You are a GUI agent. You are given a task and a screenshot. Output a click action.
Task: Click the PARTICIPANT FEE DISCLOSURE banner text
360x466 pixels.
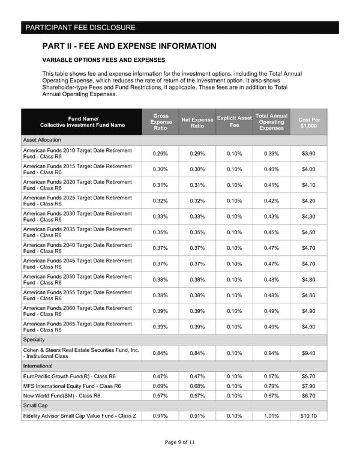coord(80,28)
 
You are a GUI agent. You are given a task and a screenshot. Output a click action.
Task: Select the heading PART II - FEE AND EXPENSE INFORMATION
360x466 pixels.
coord(129,46)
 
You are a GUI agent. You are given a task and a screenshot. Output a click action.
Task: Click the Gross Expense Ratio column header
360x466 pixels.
coord(160,122)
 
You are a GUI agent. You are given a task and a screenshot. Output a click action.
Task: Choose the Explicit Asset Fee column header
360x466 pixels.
coord(234,121)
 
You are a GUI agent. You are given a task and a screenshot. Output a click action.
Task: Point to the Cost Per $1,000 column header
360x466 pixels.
coord(309,123)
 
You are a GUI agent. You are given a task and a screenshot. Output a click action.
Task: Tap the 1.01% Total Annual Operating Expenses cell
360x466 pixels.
coord(272,416)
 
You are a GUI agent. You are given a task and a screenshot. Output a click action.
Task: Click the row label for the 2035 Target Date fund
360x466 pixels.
coord(77,232)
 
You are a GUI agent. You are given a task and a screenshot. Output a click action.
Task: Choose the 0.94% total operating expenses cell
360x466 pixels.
coord(272,353)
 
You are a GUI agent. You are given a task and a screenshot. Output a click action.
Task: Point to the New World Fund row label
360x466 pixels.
coord(61,396)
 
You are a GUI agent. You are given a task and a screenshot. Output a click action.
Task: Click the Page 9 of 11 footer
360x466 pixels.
coord(180,443)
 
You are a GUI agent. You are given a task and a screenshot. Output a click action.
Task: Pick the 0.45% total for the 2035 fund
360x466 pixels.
coord(272,232)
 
